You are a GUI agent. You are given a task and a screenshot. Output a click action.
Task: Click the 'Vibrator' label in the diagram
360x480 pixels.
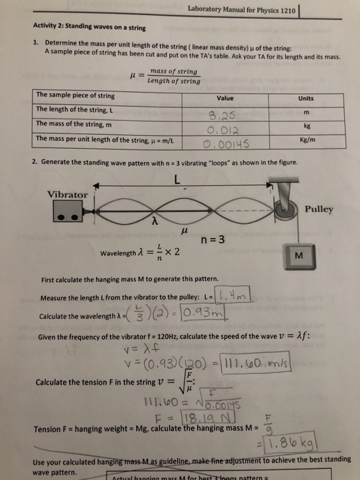67,195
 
